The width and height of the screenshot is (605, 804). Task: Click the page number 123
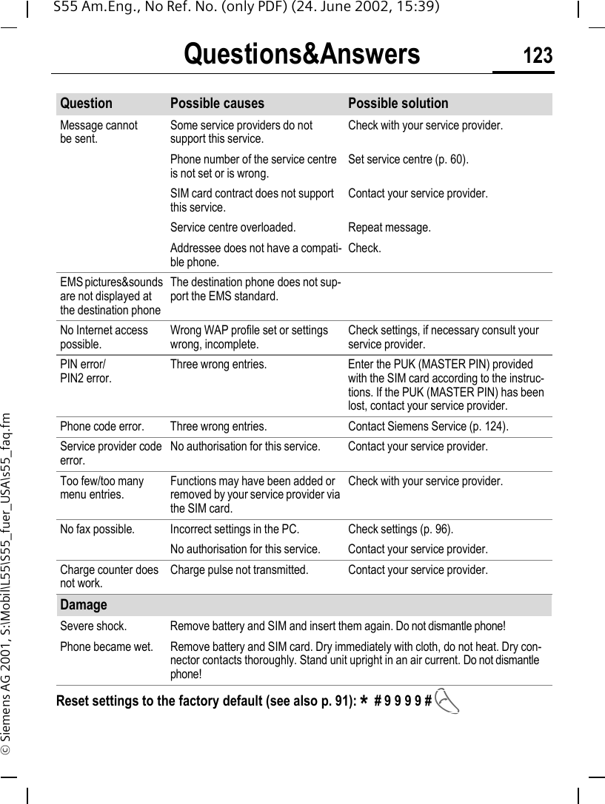pyautogui.click(x=538, y=55)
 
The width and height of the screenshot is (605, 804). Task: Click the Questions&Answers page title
pyautogui.click(x=301, y=55)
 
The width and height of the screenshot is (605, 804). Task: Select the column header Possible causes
pyautogui.click(x=217, y=104)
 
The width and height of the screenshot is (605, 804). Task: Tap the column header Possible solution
pyautogui.click(x=398, y=104)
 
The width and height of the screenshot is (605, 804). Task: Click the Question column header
pyautogui.click(x=87, y=104)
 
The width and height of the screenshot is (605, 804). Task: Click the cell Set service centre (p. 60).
pyautogui.click(x=408, y=159)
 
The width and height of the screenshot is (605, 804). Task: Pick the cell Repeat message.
pyautogui.click(x=390, y=227)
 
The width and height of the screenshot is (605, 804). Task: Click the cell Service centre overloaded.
pyautogui.click(x=233, y=227)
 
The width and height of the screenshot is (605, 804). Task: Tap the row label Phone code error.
pyautogui.click(x=102, y=427)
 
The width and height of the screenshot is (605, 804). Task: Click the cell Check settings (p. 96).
pyautogui.click(x=401, y=529)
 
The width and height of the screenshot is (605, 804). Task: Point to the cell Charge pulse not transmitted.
pyautogui.click(x=239, y=570)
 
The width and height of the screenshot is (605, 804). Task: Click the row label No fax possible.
pyautogui.click(x=97, y=529)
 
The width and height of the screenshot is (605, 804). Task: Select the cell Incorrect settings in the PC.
pyautogui.click(x=235, y=529)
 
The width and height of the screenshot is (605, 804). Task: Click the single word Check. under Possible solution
pyautogui.click(x=364, y=248)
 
